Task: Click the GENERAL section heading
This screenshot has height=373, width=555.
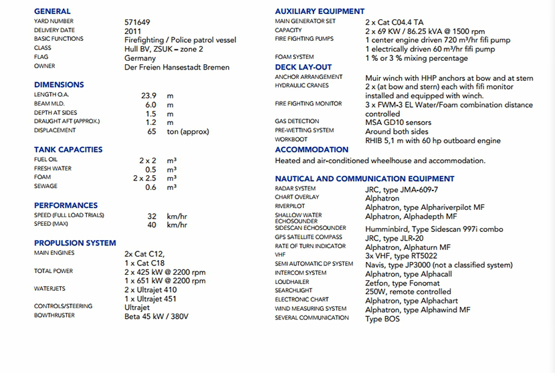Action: click(x=52, y=11)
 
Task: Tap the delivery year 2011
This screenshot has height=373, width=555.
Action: click(x=133, y=31)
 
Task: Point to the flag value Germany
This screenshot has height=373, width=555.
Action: click(x=140, y=58)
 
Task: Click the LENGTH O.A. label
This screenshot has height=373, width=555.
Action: click(x=51, y=95)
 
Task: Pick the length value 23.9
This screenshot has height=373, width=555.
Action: click(x=148, y=95)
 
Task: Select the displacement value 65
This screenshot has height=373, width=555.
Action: click(x=152, y=132)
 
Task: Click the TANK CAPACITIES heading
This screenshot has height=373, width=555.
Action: click(x=68, y=150)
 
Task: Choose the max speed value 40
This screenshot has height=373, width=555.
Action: click(x=152, y=225)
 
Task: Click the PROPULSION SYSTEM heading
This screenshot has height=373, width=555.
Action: click(x=75, y=243)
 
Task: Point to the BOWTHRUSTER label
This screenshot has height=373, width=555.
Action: click(x=55, y=316)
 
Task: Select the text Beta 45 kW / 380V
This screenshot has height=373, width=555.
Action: click(x=156, y=316)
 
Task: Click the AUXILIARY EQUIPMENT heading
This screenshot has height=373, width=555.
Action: click(x=320, y=11)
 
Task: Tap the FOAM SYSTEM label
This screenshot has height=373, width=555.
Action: click(x=294, y=57)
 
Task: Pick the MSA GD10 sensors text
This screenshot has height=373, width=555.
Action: click(x=398, y=122)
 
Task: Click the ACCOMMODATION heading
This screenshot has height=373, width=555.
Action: click(x=312, y=150)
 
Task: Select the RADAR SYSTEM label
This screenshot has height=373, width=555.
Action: click(x=296, y=189)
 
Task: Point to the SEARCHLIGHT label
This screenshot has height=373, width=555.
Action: click(x=293, y=291)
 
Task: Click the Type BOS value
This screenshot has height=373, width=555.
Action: click(x=382, y=319)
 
